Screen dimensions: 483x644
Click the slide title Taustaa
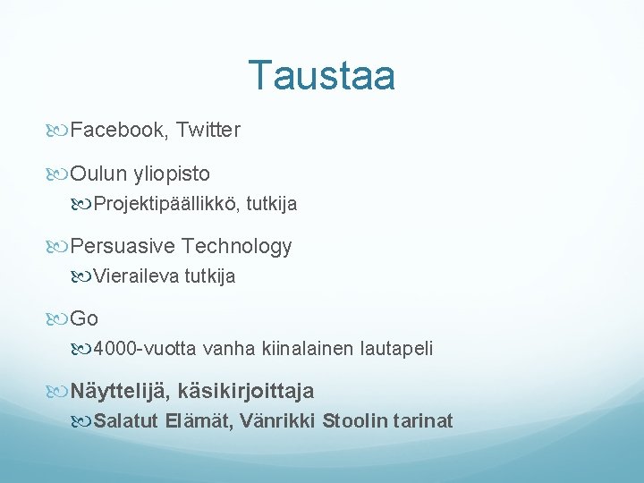tap(321, 76)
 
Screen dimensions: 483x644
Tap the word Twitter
tap(208, 131)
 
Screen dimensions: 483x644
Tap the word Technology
tap(237, 246)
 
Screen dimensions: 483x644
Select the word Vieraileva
tap(136, 277)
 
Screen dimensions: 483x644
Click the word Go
tap(84, 318)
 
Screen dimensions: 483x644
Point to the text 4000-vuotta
tap(145, 349)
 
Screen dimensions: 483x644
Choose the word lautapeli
tap(397, 349)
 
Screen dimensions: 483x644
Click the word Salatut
tap(126, 421)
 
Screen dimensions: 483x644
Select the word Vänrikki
tap(277, 421)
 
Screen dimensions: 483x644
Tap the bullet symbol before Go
tap(59, 319)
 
